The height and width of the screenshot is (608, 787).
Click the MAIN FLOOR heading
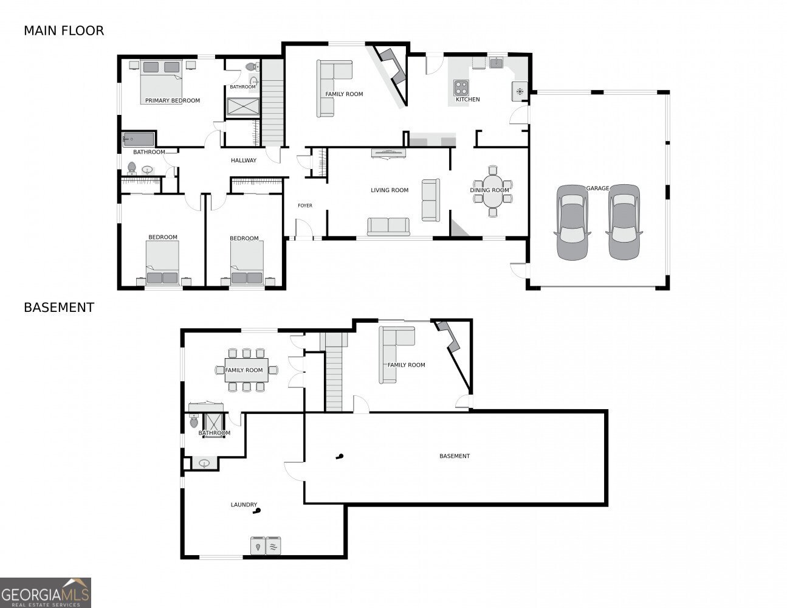coord(64,31)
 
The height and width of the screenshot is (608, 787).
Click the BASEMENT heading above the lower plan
coord(59,308)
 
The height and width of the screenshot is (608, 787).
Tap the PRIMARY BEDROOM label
coord(173,101)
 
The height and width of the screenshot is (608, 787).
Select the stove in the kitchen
coord(461,88)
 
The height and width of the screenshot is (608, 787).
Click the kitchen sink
coord(496,63)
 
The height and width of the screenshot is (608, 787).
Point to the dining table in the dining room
coord(492,192)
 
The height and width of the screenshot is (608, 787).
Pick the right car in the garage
coord(624,222)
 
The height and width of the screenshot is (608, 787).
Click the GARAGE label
coord(597,188)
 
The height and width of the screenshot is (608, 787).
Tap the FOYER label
coord(305,206)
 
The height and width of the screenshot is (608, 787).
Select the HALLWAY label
coord(244,160)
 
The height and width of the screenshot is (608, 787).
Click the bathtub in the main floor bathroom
coord(139,139)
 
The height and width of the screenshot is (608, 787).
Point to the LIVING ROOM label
coord(390,190)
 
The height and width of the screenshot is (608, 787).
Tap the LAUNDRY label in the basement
coord(244,505)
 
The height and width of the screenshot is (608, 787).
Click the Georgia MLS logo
coord(45,593)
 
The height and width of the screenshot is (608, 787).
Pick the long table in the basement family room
coord(246,370)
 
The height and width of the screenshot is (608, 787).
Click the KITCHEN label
coord(467,99)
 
